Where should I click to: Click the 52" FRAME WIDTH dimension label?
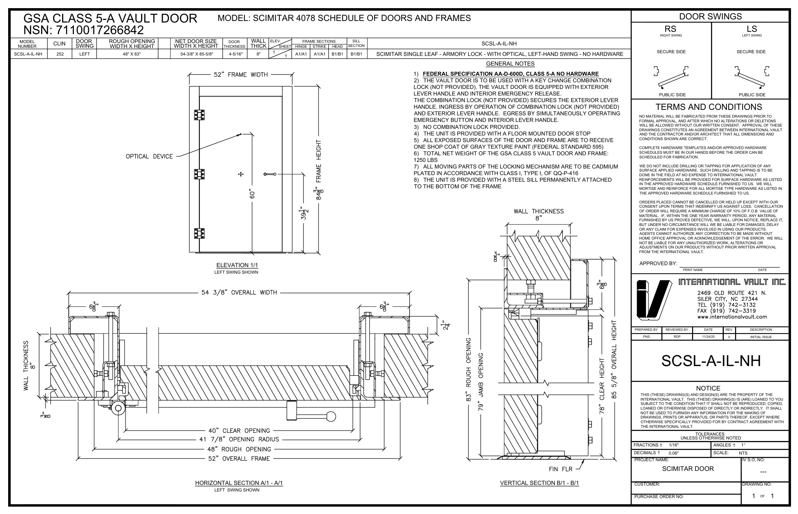[240, 75]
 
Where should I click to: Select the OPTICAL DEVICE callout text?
[149, 156]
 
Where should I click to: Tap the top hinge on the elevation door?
[199, 115]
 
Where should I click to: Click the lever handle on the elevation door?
[270, 174]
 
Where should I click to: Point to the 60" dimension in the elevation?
[252, 194]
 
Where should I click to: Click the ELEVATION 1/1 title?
[237, 265]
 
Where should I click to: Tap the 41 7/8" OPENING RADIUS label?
[239, 439]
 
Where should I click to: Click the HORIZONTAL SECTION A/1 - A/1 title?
[239, 483]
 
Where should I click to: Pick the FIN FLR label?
[560, 469]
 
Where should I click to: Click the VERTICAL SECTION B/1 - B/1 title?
[539, 483]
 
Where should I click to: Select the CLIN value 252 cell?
[59, 54]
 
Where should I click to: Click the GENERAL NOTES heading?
[510, 64]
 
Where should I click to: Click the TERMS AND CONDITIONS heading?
[709, 107]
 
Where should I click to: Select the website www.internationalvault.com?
[732, 317]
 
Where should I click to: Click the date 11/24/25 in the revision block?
[707, 337]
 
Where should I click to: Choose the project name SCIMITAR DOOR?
[688, 469]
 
